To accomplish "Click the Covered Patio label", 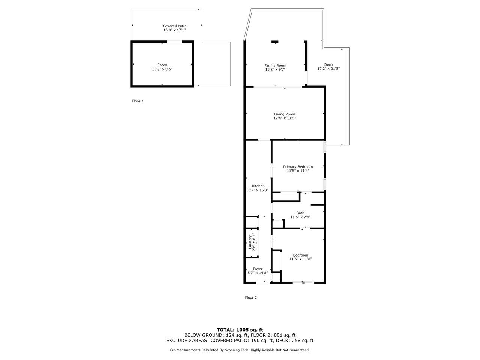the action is click(174, 26).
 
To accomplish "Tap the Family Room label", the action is click(275, 65).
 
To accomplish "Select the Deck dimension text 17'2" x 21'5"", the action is click(328, 69).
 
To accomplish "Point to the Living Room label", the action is click(285, 114).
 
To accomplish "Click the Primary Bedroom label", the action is click(298, 167).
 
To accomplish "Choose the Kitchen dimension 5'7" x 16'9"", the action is click(258, 190).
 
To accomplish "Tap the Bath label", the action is click(300, 213).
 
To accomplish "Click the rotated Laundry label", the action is click(250, 242).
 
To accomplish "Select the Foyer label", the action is click(258, 269).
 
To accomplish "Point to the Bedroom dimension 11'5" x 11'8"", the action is click(300, 259).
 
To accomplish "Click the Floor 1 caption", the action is click(138, 101).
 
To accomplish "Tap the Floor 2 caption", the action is click(251, 297).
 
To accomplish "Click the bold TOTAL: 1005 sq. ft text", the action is click(240, 330).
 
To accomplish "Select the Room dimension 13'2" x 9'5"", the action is click(162, 69).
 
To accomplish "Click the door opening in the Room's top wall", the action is click(174, 42).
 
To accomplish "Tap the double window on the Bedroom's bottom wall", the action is click(303, 283).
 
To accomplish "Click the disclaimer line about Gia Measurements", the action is click(240, 350).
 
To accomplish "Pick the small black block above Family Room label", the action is click(275, 42).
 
